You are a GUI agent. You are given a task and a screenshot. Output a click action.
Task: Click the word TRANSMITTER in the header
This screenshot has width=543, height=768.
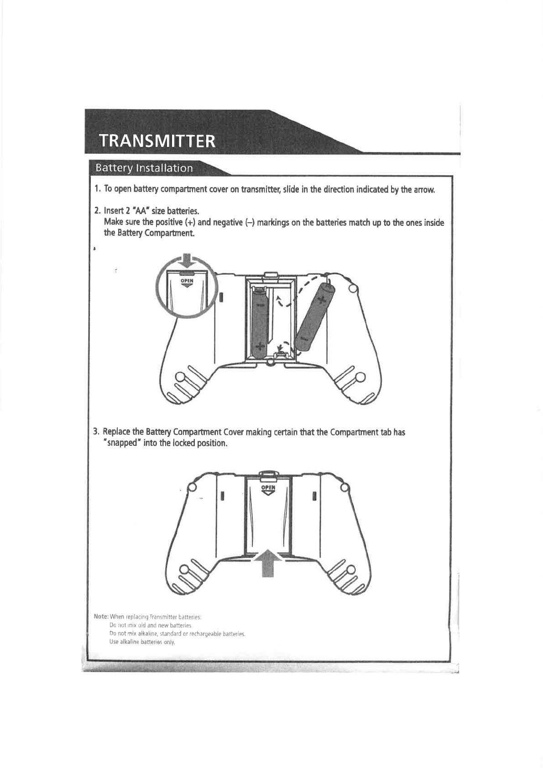point(157,141)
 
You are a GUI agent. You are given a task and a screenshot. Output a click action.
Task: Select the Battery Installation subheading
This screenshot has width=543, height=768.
point(144,168)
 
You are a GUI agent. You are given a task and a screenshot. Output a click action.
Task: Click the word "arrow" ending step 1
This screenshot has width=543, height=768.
point(425,189)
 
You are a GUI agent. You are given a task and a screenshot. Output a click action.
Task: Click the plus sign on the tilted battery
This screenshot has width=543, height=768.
point(322,299)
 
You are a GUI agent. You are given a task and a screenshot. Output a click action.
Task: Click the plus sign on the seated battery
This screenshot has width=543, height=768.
point(259,345)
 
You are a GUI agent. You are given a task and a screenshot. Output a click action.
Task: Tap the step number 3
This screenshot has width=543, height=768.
point(96,432)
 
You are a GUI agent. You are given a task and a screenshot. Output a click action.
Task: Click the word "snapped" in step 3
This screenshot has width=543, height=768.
point(121,444)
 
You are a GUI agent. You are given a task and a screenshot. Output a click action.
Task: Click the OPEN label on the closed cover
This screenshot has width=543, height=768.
point(268,488)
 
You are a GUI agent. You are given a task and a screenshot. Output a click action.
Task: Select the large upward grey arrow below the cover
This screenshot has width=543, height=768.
point(268,563)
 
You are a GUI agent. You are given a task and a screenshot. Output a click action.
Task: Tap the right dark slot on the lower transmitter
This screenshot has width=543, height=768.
point(314,496)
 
